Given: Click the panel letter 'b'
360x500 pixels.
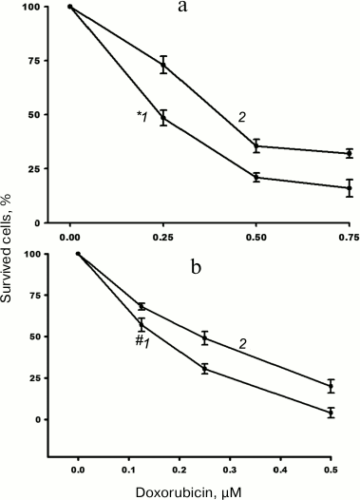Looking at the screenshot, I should pyautogui.click(x=198, y=267).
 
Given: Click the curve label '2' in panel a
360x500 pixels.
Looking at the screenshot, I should pyautogui.click(x=242, y=116).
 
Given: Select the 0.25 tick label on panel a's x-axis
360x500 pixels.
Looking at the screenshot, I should pyautogui.click(x=163, y=234).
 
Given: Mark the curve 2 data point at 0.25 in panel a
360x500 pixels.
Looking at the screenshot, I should pyautogui.click(x=163, y=65).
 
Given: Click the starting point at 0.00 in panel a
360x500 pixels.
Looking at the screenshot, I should pyautogui.click(x=70, y=7).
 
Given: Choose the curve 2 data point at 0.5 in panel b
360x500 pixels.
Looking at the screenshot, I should pyautogui.click(x=331, y=386).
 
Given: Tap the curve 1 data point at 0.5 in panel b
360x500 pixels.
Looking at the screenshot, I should pyautogui.click(x=331, y=413).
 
